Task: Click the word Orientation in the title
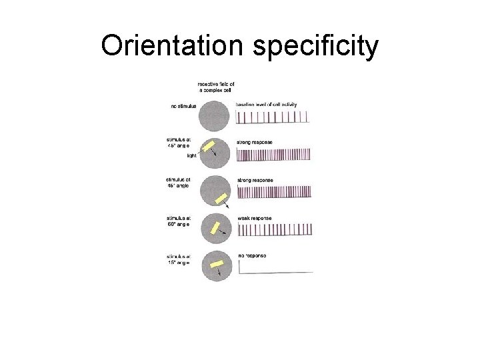click(173, 45)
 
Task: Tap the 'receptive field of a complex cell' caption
click(216, 87)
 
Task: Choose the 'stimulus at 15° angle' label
click(179, 259)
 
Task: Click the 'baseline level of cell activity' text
click(267, 105)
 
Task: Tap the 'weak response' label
click(255, 218)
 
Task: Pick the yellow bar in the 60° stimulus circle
click(215, 227)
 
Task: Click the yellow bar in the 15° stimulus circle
click(216, 264)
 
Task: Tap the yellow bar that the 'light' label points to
click(208, 146)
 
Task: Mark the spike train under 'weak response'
click(275, 230)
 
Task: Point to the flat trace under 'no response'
click(275, 272)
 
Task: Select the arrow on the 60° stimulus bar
click(224, 233)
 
